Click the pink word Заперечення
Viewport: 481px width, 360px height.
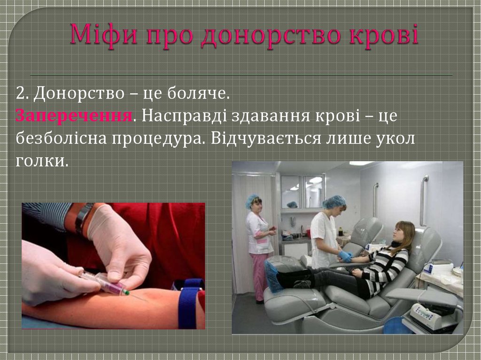(74, 115)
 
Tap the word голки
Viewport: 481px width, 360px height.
(42, 161)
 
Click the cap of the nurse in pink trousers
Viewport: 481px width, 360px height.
(252, 199)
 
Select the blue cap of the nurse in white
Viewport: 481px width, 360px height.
(334, 201)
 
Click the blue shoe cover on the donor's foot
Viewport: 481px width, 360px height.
(273, 277)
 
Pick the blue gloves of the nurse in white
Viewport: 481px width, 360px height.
(345, 256)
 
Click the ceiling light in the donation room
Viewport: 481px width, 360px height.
(361, 163)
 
